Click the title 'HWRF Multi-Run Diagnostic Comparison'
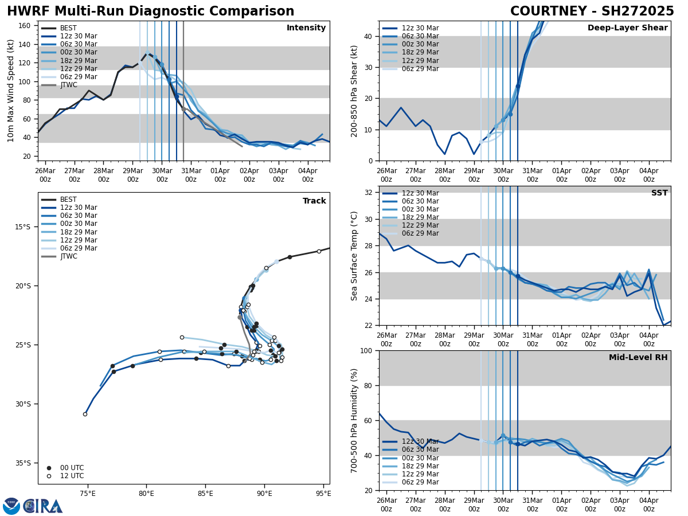point(150,11)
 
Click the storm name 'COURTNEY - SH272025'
point(592,11)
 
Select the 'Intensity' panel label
point(306,28)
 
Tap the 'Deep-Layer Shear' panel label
point(627,28)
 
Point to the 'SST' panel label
point(659,193)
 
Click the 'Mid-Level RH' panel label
point(638,358)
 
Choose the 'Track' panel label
point(314,201)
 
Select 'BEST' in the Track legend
point(68,200)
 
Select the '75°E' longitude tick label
point(88,494)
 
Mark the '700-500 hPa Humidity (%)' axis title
point(354,420)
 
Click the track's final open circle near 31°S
point(85,414)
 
